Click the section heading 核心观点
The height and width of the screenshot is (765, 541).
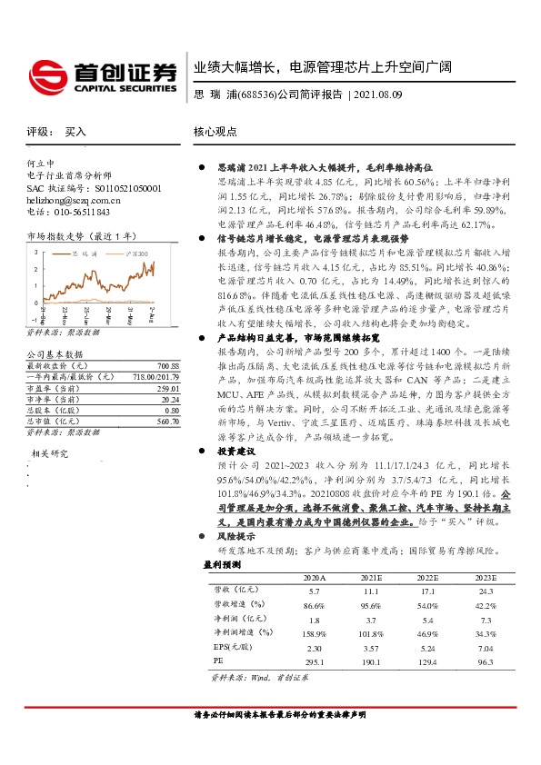point(215,132)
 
